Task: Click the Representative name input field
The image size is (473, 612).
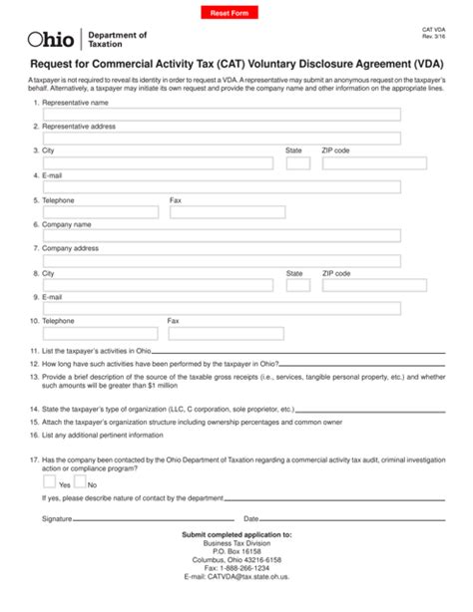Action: (x=221, y=114)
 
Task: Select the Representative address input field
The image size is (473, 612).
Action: (x=221, y=138)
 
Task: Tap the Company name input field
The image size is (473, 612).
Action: (x=221, y=235)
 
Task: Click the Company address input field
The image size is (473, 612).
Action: (x=221, y=260)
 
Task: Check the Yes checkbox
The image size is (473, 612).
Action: (x=49, y=480)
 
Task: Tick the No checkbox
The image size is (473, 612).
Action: (x=80, y=480)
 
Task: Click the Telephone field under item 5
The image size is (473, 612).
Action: (x=100, y=211)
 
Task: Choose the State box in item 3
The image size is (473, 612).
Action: (x=297, y=162)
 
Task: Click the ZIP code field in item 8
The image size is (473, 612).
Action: (x=360, y=285)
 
